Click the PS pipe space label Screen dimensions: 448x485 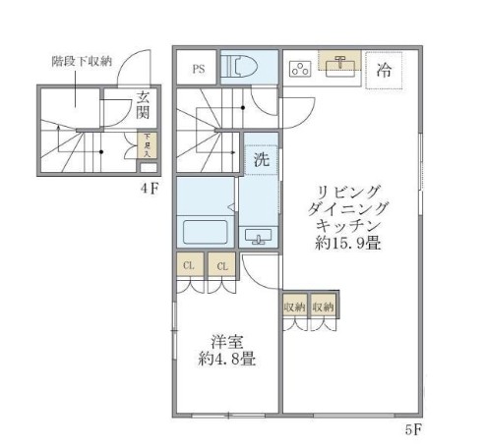coord(199,69)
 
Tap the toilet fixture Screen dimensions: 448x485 coord(241,67)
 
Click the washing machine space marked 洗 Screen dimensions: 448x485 coord(260,159)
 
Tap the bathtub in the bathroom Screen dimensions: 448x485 coord(205,234)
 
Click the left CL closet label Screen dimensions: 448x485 coord(191,266)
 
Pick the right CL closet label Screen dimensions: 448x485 coord(222,266)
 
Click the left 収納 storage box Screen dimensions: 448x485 coord(294,308)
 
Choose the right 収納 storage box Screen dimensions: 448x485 coord(324,308)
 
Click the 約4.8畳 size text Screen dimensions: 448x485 coord(227,360)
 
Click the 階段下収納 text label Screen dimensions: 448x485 coord(81,61)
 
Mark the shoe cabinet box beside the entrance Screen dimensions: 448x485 coord(147,145)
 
